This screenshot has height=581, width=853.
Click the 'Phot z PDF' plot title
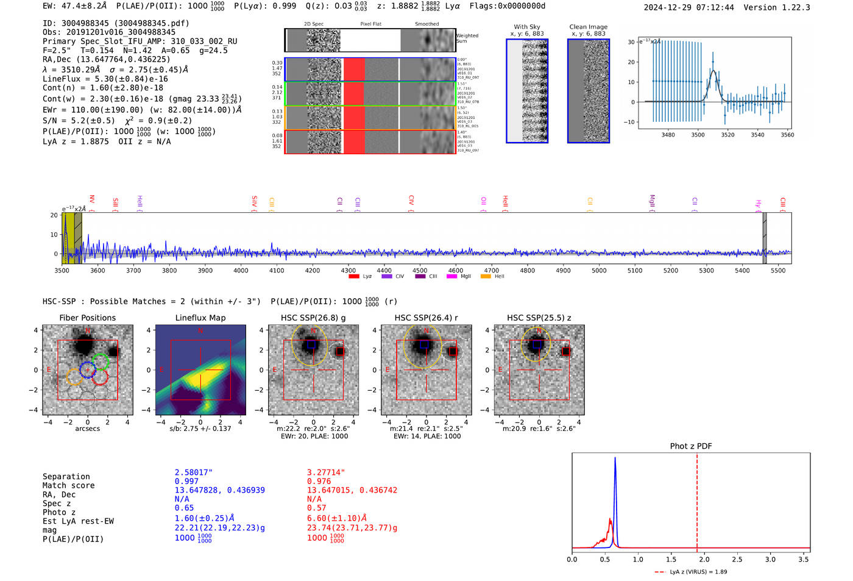[x=691, y=446]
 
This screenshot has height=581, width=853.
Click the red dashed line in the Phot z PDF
[x=697, y=500]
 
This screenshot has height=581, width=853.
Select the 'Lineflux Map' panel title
[x=200, y=318]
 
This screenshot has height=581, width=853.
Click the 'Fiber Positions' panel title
[x=87, y=318]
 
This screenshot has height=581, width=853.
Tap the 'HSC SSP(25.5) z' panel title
[x=539, y=318]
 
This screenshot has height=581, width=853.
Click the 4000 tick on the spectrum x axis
[x=241, y=271]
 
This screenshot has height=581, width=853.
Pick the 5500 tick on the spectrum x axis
[x=778, y=271]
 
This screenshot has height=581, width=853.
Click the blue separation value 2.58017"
[x=194, y=472]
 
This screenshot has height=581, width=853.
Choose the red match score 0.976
[x=319, y=482]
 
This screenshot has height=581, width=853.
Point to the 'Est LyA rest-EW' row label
[x=78, y=521]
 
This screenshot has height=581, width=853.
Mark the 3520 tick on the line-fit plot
[x=727, y=135]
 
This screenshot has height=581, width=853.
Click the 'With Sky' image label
[x=527, y=27]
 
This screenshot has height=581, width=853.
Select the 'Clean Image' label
[x=588, y=27]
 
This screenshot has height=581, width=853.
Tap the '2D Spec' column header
[x=314, y=24]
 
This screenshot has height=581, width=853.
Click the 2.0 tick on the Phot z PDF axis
[x=704, y=559]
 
